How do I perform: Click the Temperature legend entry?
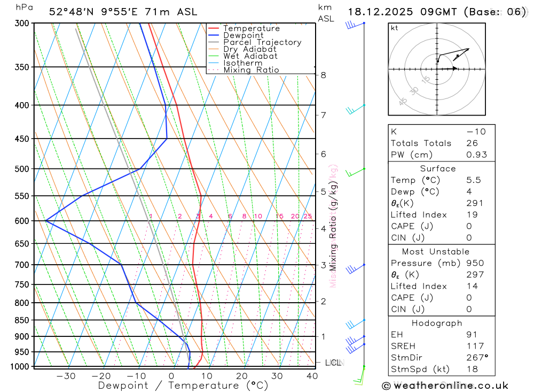click(251, 28)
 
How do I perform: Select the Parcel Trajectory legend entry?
click(262, 42)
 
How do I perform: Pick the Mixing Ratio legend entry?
click(251, 70)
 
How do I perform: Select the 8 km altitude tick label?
click(323, 75)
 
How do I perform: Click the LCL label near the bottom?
click(333, 363)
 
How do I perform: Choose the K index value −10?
click(475, 132)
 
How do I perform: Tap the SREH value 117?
click(475, 346)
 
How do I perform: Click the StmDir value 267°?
click(477, 357)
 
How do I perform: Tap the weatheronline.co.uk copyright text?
click(445, 386)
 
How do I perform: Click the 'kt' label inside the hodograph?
click(395, 28)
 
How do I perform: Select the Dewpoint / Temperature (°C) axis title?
click(183, 385)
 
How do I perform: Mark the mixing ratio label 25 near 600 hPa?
click(308, 216)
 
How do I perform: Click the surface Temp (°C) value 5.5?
click(473, 180)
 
